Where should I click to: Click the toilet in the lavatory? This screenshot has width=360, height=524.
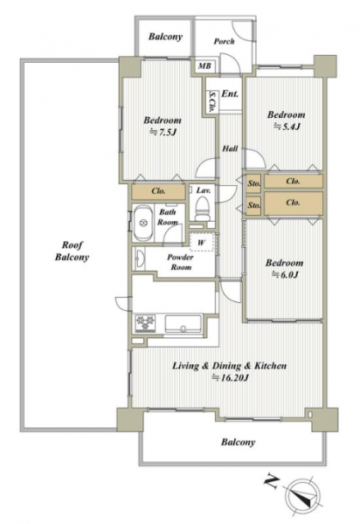coord(202,209)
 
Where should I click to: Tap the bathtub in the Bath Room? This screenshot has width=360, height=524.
coord(143,223)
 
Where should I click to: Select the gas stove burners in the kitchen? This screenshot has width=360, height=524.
coord(145,323)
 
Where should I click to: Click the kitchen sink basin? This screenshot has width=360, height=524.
coord(183,323)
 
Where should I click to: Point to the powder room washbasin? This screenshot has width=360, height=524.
coord(140,259)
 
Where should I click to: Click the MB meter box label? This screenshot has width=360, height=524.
coord(204,65)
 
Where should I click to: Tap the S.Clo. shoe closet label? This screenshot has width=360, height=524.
coord(211,101)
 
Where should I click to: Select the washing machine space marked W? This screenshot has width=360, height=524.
coord(201,242)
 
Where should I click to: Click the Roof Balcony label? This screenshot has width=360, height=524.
coord(72,251)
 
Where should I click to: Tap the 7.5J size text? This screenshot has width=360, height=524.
coord(163,133)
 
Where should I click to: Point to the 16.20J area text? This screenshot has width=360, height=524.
coord(230,377)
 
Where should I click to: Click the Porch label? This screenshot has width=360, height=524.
coord(224,41)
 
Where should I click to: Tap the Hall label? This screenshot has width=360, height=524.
coord(230,148)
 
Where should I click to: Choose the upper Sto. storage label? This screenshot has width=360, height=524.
coord(253,183)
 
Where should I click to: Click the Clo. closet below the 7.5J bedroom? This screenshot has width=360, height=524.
coord(158,191)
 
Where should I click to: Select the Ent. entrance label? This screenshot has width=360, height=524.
coord(230,94)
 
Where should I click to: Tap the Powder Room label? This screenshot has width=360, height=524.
coord(180,262)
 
